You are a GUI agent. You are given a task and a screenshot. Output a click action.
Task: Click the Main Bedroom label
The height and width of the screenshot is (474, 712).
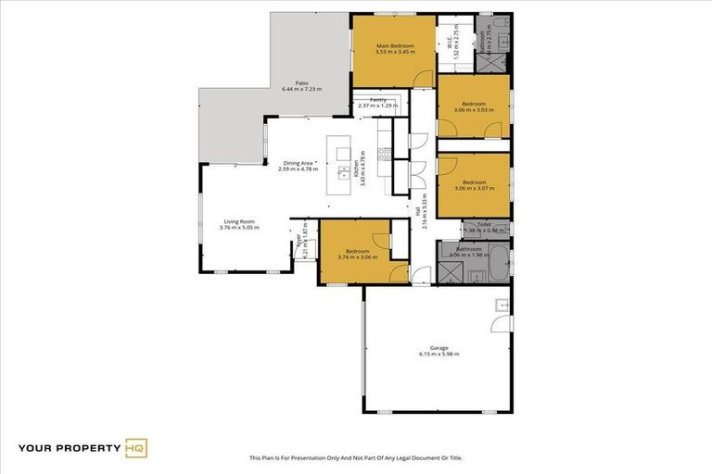pos(394,45)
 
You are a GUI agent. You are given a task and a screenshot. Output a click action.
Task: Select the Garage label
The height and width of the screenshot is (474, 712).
pos(439,348)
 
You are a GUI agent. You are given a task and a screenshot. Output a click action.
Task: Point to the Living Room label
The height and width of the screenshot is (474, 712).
pos(239,221)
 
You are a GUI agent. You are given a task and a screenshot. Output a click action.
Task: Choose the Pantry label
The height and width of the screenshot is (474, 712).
pos(377,99)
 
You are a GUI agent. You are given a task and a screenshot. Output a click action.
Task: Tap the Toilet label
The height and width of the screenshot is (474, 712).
pos(483,224)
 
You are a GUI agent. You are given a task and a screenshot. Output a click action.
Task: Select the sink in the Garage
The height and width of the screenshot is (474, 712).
pos(501,304)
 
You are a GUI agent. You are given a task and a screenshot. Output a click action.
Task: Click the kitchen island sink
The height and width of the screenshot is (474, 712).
pos(342,173)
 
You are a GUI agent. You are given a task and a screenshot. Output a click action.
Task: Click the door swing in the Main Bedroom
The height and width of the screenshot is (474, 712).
pos(423,78)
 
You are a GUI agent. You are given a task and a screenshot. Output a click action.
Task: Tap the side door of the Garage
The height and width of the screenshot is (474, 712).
pos(503,323)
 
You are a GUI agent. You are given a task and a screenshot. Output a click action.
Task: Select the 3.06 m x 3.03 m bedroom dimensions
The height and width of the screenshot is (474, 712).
pos(474,109)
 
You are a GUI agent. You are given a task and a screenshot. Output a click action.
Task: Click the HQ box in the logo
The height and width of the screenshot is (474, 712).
pos(136,448)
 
